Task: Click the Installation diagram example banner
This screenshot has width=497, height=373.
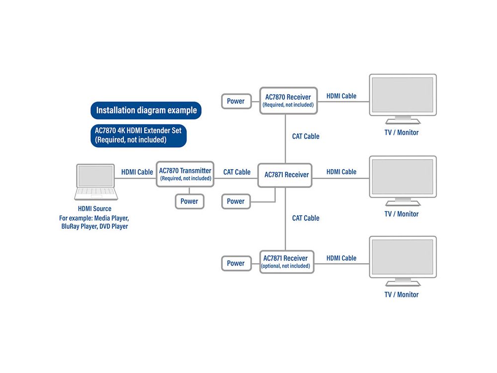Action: (x=146, y=110)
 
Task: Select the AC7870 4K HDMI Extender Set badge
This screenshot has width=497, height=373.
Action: (x=139, y=135)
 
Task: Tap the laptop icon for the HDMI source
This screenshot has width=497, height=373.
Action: (x=96, y=182)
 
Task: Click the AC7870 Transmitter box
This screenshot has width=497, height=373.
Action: (x=185, y=174)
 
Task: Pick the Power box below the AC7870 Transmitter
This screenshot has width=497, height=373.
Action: (x=189, y=201)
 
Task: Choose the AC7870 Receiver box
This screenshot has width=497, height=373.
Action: (x=288, y=100)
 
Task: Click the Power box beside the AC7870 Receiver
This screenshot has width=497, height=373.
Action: (x=236, y=101)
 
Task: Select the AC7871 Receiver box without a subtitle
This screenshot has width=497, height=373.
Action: (x=285, y=175)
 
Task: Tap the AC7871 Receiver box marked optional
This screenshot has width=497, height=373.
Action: (x=287, y=262)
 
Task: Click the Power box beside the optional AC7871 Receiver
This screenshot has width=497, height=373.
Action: (x=236, y=263)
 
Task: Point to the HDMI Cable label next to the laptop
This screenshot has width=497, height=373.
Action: (x=137, y=172)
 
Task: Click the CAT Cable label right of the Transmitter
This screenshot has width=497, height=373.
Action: (x=237, y=172)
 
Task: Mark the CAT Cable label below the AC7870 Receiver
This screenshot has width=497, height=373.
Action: (x=306, y=136)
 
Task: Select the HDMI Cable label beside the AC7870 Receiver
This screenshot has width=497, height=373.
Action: (x=341, y=96)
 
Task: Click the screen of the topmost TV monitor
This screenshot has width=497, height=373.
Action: (x=403, y=94)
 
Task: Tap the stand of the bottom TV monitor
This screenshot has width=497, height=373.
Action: (x=403, y=282)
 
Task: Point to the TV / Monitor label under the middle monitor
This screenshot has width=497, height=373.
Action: (x=401, y=214)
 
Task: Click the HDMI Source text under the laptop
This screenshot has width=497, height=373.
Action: (x=94, y=209)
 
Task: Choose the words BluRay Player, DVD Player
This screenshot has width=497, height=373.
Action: (x=94, y=226)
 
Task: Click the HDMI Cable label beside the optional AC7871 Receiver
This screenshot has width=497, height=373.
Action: (x=341, y=258)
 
